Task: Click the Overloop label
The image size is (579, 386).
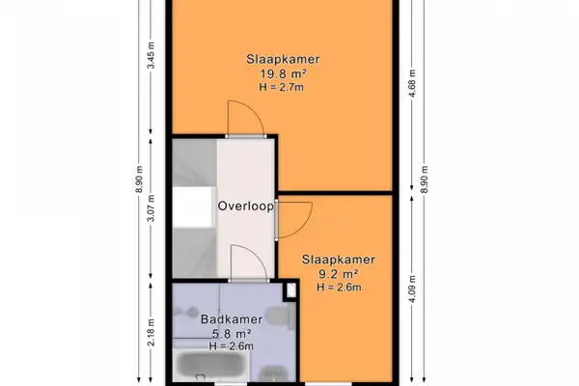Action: [x=246, y=206]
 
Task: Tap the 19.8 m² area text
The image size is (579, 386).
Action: [x=281, y=74]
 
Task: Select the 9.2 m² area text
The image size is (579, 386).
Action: [x=337, y=273]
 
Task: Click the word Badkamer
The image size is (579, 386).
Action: [x=228, y=319]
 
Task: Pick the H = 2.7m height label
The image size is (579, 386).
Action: [x=281, y=88]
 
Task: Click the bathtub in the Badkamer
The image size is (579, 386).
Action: [x=212, y=369]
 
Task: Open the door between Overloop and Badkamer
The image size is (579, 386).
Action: [x=245, y=262]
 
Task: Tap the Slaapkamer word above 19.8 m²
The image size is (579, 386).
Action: [x=281, y=60]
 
